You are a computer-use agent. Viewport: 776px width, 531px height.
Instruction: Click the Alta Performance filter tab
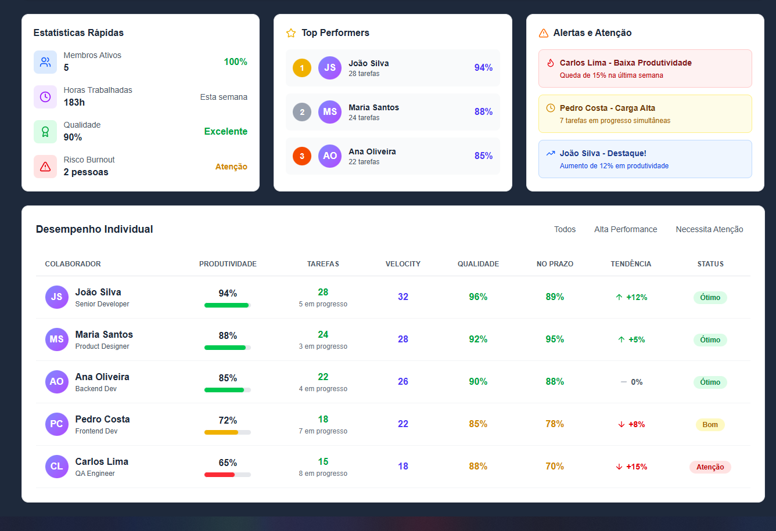pos(626,229)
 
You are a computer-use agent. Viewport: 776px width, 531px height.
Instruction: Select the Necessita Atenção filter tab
pos(709,229)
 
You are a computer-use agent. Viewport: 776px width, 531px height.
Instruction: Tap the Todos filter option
pos(565,229)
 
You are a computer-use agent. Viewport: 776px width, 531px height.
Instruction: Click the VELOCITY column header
pos(403,264)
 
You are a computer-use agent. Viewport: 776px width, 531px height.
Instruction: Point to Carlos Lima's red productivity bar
pos(220,475)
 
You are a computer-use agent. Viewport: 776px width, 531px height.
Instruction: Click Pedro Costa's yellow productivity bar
pos(221,432)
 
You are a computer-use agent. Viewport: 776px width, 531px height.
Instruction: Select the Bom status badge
pos(710,425)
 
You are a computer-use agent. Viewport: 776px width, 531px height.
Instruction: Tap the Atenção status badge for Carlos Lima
pos(710,467)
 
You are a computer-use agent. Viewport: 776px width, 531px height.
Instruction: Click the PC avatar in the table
pos(56,424)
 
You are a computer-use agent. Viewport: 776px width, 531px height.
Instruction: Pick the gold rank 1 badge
pos(302,68)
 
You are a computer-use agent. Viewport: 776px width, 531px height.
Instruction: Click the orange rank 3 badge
pos(302,156)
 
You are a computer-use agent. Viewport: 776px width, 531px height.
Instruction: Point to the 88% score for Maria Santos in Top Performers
pos(483,112)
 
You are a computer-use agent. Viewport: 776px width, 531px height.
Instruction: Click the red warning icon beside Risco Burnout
pos(45,167)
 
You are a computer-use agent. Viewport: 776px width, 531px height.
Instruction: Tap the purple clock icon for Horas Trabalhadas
pos(45,97)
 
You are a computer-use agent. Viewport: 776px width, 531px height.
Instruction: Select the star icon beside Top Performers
pos(291,33)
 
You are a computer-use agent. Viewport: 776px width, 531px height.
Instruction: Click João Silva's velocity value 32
pos(403,297)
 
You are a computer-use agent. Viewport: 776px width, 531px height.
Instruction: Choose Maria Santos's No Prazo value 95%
pos(555,339)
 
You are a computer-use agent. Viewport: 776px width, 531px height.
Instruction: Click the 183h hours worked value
pos(74,103)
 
